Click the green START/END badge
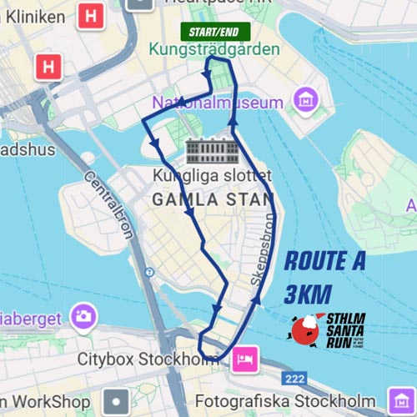click(214, 32)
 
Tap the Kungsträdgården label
click(214, 50)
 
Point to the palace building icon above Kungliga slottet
click(212, 153)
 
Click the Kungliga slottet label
click(212, 177)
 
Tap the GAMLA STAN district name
click(213, 199)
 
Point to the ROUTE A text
click(324, 261)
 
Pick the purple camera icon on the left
click(83, 316)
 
